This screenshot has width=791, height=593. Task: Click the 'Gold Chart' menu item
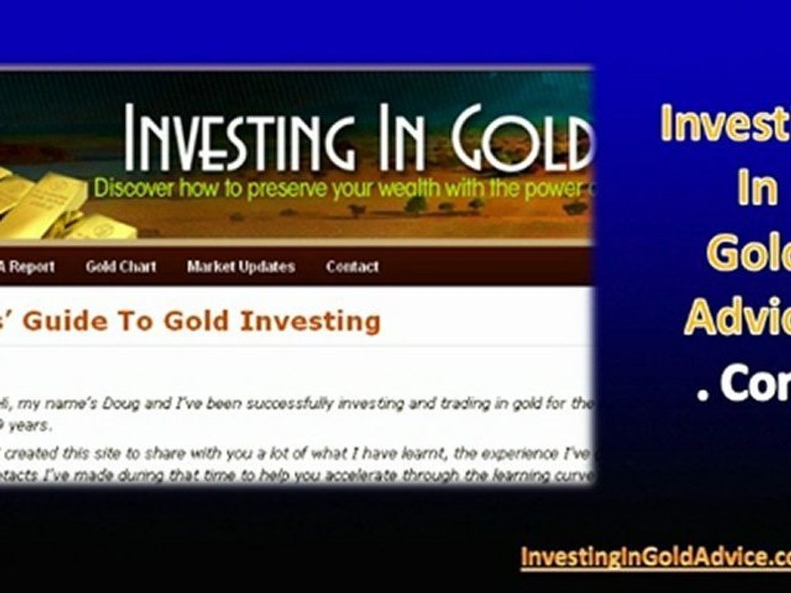pos(120,267)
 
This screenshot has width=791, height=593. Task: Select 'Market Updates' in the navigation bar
pos(241,267)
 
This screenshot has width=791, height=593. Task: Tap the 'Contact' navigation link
pos(352,267)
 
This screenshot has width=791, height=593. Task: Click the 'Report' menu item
pos(31,267)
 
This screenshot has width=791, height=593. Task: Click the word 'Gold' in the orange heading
pos(194,320)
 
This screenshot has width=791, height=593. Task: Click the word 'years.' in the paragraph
pos(30,426)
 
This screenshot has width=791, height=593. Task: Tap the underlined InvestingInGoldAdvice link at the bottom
pos(655,557)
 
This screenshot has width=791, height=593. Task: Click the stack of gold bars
pos(49,206)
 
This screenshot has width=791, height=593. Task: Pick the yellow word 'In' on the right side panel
pos(756,189)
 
